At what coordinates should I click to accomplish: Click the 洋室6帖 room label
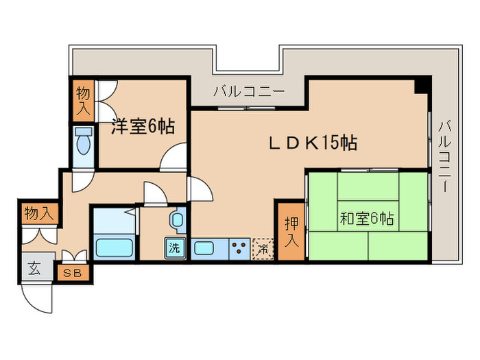pos(143,126)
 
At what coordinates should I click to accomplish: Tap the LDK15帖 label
pos(313,143)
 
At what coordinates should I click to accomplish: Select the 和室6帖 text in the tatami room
pos(367,219)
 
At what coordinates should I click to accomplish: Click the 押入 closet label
pos(291,232)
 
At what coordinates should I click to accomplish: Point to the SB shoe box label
pos(73,273)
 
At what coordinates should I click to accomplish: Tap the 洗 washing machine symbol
pos(175,248)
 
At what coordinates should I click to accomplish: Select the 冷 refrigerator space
pos(263,249)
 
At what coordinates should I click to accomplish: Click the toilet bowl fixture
pos(84,141)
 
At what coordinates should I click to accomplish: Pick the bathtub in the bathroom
pos(115,248)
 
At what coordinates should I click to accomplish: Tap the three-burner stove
pos(239,249)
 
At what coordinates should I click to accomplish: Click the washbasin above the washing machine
pos(178,219)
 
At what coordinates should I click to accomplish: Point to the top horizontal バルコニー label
pos(249,91)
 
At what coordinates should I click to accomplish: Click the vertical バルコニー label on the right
pos(445,157)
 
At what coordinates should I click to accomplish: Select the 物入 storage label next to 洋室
pos(83,101)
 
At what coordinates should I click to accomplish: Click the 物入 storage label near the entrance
pos(39,213)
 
